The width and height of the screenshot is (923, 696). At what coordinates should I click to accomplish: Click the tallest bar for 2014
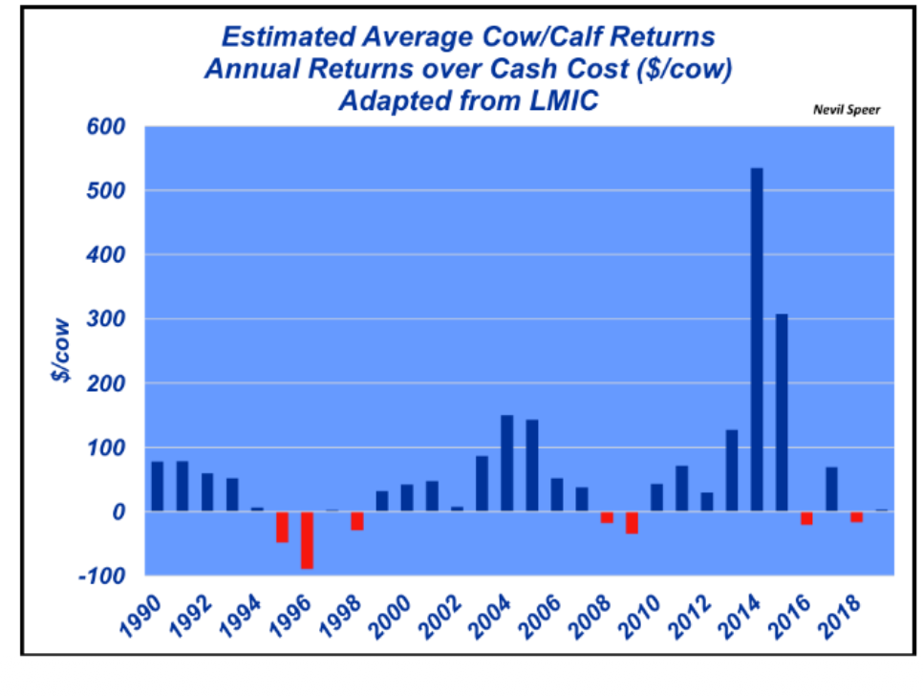tap(757, 339)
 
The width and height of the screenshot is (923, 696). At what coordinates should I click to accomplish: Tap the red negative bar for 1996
tap(308, 540)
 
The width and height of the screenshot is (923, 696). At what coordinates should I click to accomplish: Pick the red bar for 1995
tap(283, 527)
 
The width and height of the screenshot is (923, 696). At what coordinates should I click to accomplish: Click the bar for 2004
tap(507, 464)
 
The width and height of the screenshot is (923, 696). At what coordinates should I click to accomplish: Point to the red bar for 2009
tap(632, 522)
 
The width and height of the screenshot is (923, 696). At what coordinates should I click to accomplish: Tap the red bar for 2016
tap(806, 518)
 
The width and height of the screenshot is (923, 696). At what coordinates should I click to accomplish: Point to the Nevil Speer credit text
tap(846, 110)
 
